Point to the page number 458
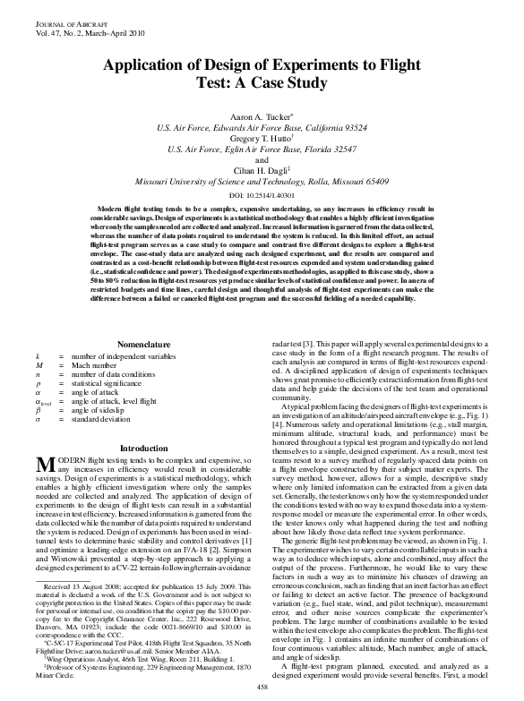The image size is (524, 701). coord(262,686)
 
